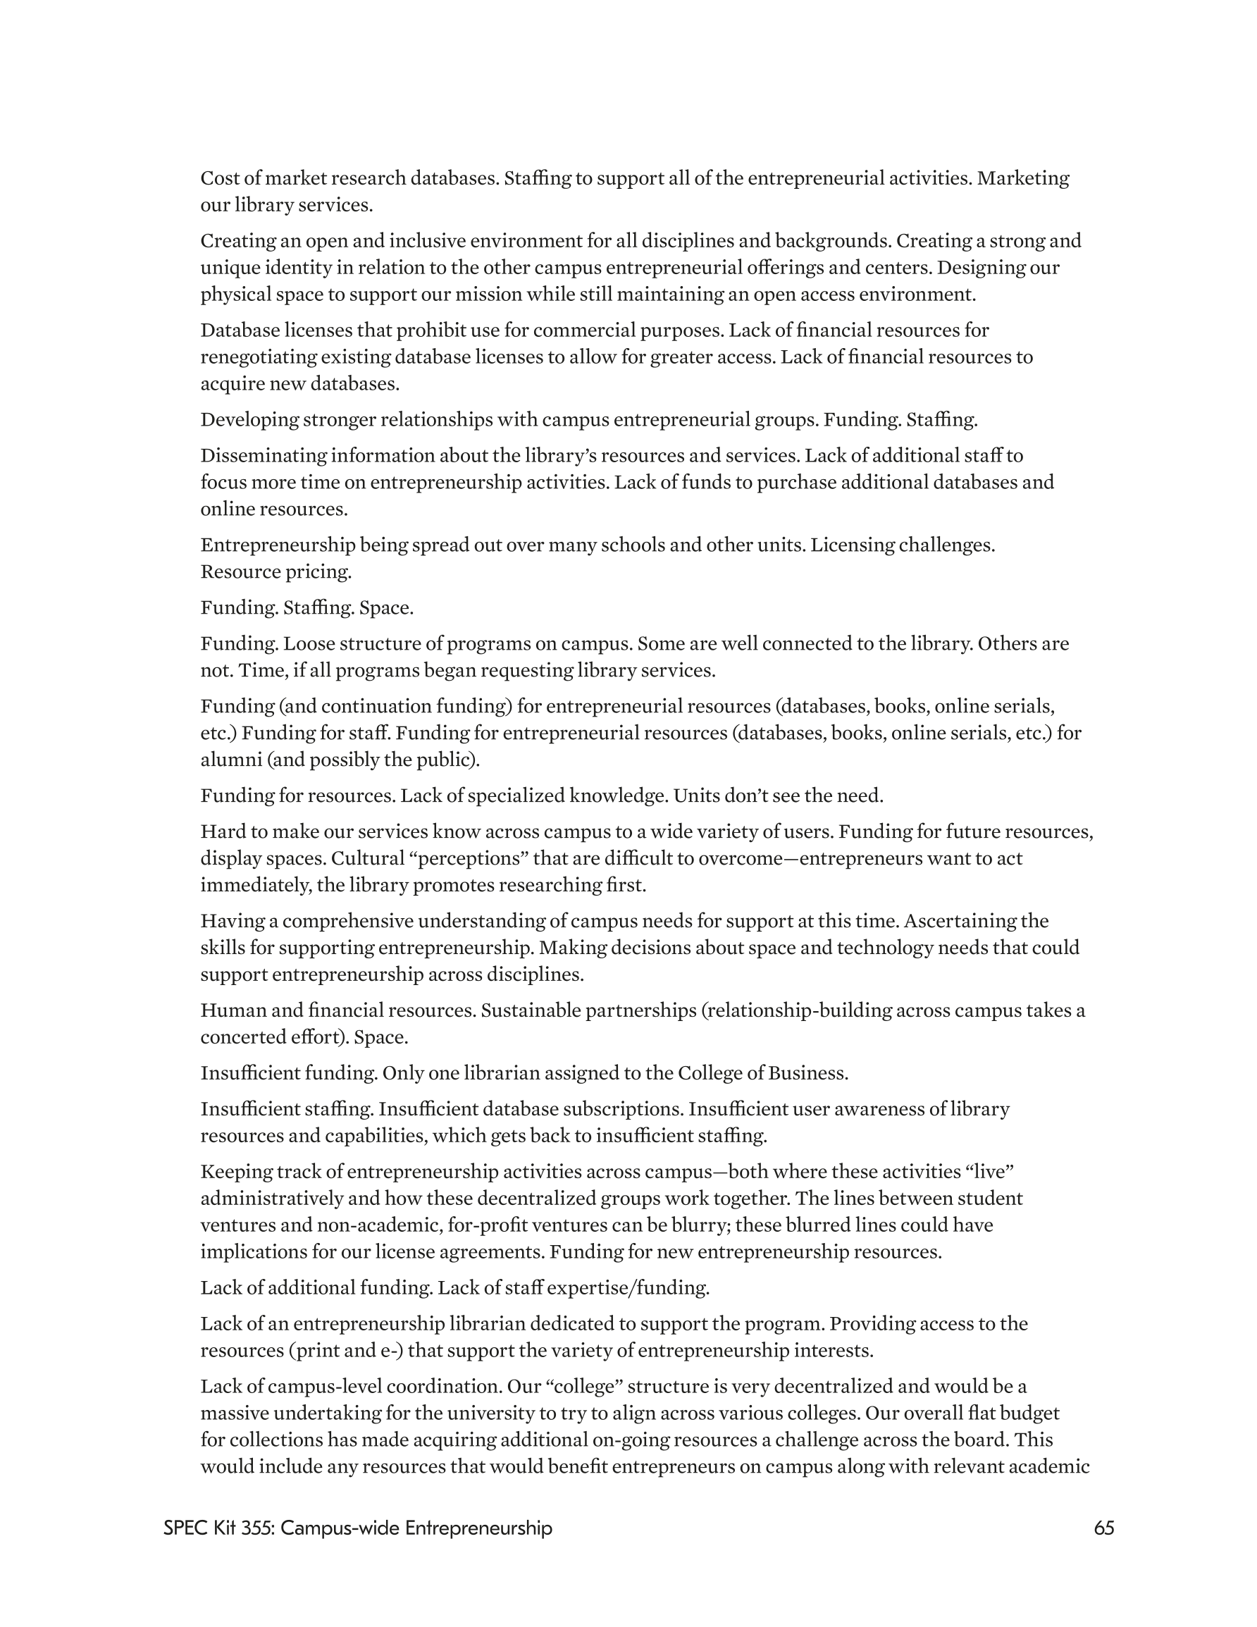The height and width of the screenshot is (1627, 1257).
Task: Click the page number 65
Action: pyautogui.click(x=1103, y=1528)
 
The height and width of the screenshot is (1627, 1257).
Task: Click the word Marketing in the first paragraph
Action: pyautogui.click(x=1023, y=178)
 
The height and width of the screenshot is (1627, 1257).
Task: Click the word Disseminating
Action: pyautogui.click(x=264, y=455)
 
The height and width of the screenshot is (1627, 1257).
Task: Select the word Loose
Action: pyautogui.click(x=308, y=643)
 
